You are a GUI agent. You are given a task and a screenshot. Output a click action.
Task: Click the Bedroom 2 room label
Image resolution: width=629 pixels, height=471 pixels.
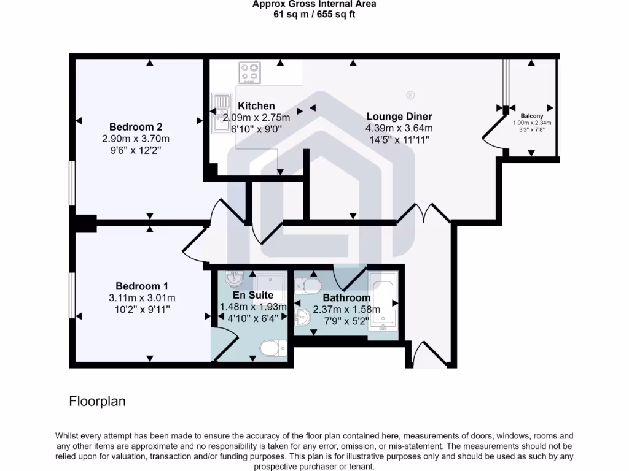point(136,127)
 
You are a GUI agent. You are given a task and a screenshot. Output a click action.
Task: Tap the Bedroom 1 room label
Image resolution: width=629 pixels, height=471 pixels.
point(142,286)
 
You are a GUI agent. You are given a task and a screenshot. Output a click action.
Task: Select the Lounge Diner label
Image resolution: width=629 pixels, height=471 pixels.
point(399,117)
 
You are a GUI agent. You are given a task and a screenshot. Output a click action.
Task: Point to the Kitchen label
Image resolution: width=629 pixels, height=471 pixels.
point(256,106)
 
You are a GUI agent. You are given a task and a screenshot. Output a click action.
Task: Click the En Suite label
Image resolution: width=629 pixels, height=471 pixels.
point(253,295)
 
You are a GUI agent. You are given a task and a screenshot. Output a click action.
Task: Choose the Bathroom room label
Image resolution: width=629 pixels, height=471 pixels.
point(346,298)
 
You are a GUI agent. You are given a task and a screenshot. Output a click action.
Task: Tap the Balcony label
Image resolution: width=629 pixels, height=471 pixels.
point(532,115)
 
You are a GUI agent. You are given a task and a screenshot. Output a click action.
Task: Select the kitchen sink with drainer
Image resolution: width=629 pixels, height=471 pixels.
point(219,113)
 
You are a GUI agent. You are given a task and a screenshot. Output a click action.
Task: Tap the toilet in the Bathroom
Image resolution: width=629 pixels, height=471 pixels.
point(308,285)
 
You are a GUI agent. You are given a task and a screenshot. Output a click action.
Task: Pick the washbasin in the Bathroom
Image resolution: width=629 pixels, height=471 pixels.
point(302,318)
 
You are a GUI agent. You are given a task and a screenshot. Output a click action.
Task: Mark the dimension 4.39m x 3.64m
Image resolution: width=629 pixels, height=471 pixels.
point(399,128)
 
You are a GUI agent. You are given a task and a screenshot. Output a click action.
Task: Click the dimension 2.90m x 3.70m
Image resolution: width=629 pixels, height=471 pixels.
point(136,139)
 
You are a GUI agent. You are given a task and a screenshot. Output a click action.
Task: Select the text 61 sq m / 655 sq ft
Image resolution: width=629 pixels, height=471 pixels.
point(314,15)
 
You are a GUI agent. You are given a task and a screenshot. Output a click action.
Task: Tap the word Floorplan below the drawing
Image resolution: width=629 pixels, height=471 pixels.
point(97,402)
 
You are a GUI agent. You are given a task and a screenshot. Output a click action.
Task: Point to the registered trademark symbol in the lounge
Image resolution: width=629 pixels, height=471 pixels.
point(410,95)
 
